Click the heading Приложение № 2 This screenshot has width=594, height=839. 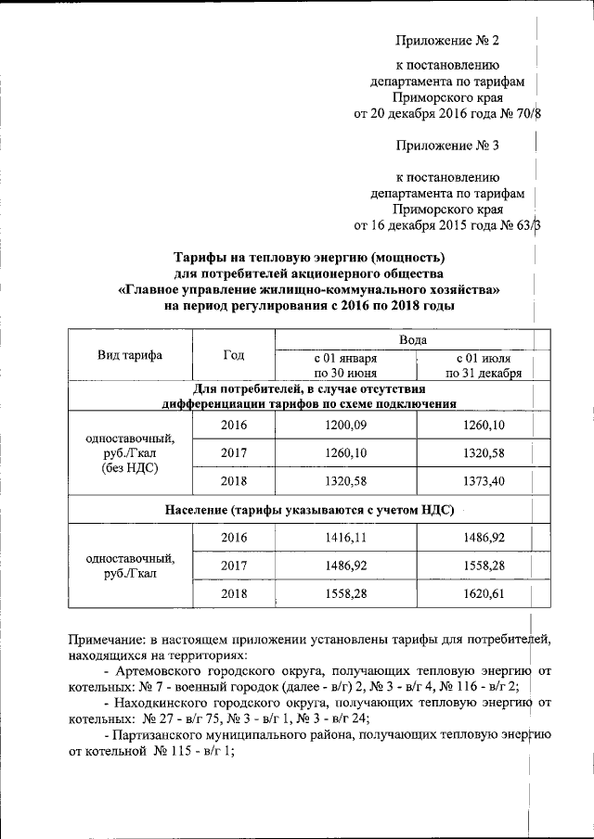click(446, 42)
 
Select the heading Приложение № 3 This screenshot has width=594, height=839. click(446, 146)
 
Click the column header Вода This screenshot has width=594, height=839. click(413, 341)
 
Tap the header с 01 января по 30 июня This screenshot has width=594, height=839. click(345, 365)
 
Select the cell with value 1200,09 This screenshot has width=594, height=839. click(345, 425)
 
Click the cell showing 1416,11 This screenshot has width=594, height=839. click(345, 537)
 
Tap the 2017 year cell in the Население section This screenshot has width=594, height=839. click(233, 564)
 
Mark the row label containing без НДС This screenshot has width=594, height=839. click(130, 468)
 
